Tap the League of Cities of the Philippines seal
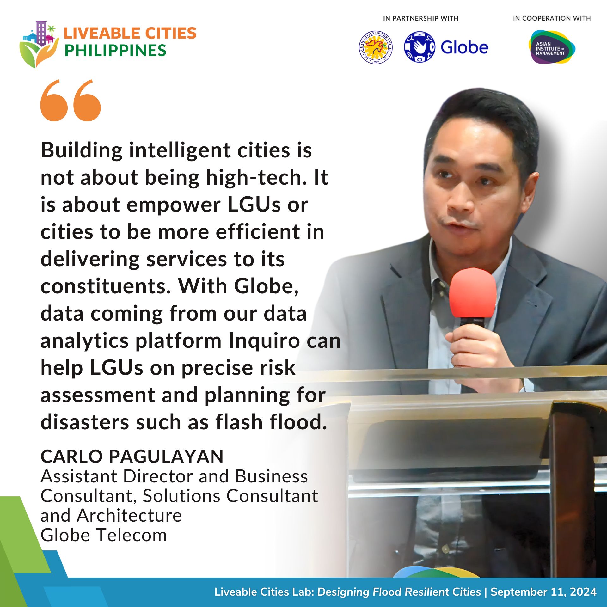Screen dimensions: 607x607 click(x=376, y=47)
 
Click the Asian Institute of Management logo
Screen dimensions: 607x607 click(x=552, y=47)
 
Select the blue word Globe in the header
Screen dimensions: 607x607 click(x=464, y=47)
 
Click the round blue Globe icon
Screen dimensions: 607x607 click(x=420, y=47)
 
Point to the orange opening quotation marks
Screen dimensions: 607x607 click(x=71, y=100)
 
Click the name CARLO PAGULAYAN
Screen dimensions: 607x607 click(x=132, y=457)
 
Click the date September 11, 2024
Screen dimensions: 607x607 click(x=543, y=592)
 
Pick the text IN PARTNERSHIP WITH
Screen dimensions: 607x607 click(x=421, y=18)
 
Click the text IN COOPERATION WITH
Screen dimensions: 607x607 click(x=552, y=18)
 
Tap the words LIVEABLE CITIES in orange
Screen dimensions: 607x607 click(x=130, y=33)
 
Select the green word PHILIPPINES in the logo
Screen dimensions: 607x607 click(x=115, y=51)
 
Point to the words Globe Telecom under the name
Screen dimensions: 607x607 click(x=104, y=535)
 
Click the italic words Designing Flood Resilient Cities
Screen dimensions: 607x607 click(x=399, y=592)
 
